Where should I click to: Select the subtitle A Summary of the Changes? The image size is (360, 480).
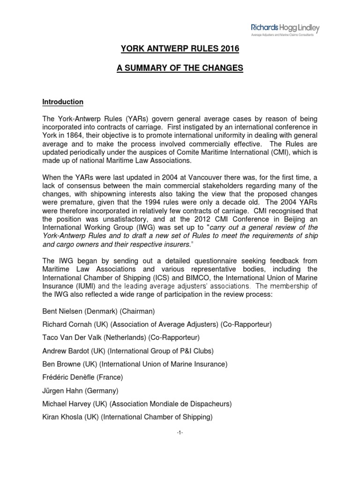[x=180, y=69]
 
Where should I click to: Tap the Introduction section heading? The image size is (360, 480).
[x=63, y=102]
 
